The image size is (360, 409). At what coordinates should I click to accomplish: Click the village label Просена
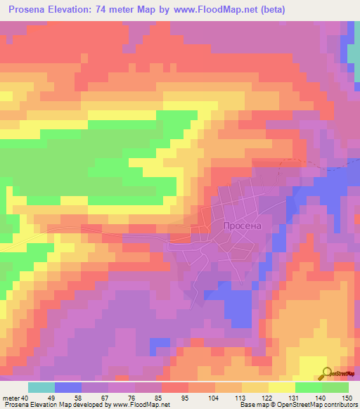pyautogui.click(x=242, y=226)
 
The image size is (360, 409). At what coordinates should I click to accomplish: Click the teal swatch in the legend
pyautogui.click(x=41, y=387)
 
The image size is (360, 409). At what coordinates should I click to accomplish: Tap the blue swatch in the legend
pyautogui.click(x=68, y=387)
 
